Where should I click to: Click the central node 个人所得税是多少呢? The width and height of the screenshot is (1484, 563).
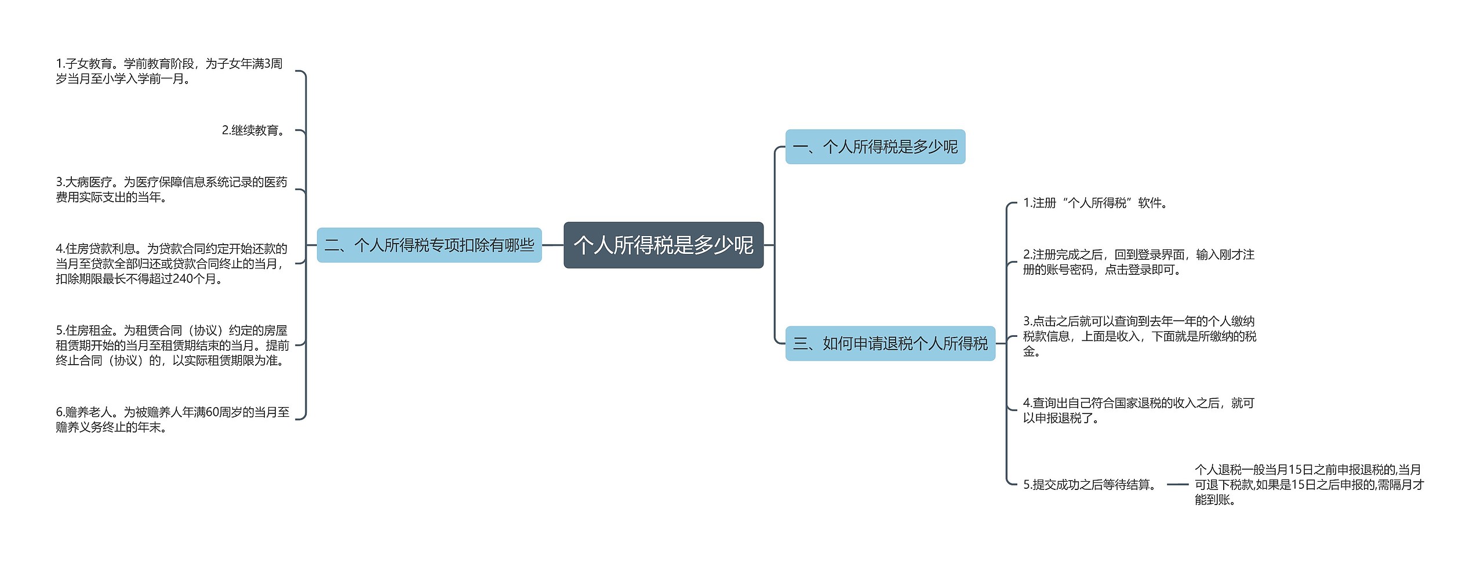tap(663, 245)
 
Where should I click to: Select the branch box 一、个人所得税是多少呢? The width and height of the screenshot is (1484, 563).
tap(875, 147)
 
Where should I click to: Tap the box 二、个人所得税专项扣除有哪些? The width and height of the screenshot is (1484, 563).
tap(429, 245)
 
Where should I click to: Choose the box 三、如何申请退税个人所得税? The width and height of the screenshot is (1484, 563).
tap(890, 344)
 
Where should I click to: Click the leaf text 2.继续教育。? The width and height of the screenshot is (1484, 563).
tap(254, 130)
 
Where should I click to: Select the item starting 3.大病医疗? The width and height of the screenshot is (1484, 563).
tap(172, 190)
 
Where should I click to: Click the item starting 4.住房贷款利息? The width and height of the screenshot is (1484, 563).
tap(172, 263)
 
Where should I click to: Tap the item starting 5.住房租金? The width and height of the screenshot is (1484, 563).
tap(172, 345)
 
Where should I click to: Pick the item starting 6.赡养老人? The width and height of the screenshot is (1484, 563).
tap(172, 419)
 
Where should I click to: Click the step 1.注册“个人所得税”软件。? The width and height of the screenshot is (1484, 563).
tap(1096, 203)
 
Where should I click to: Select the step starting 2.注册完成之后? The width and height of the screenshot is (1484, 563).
tap(1139, 262)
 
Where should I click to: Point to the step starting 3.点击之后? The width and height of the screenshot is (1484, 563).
tap(1139, 336)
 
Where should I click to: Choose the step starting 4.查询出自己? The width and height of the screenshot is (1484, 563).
tap(1139, 410)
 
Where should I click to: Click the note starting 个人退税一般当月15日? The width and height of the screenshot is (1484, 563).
tap(1309, 485)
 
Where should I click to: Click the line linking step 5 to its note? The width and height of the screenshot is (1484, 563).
tap(1177, 485)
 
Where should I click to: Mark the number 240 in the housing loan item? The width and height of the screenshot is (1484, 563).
tap(183, 279)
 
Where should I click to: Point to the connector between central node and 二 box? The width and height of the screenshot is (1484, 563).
tap(552, 245)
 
